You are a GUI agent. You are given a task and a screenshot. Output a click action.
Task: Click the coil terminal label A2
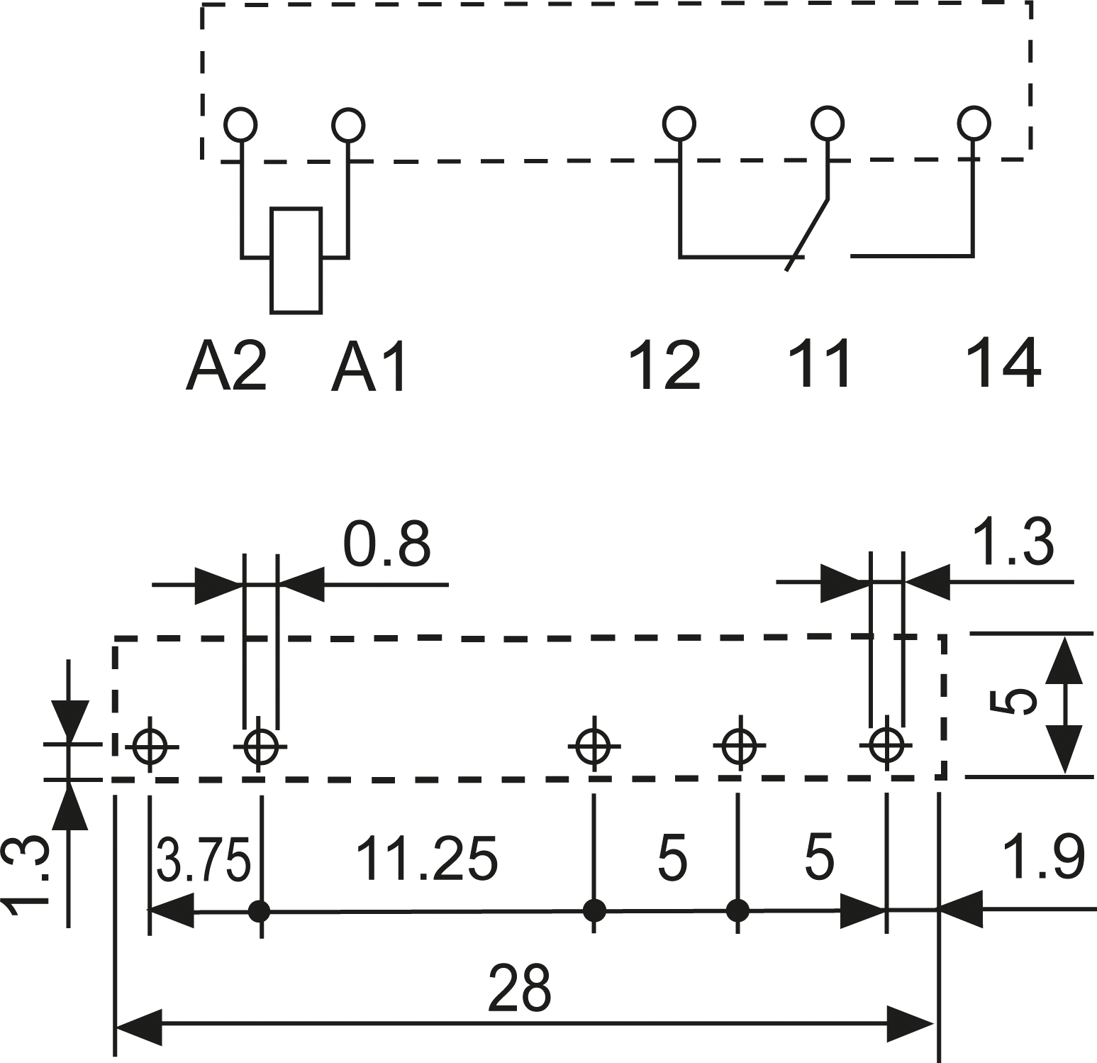(226, 366)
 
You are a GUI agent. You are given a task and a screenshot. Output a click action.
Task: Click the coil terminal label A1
(368, 366)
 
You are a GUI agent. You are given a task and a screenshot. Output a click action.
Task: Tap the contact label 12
(665, 365)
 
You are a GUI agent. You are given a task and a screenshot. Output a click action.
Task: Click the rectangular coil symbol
(296, 260)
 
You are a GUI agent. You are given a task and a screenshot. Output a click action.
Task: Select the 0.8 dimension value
(386, 545)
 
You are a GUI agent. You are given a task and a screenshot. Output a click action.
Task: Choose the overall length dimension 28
(520, 988)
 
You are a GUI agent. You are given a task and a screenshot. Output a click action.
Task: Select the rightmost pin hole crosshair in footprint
(886, 745)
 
